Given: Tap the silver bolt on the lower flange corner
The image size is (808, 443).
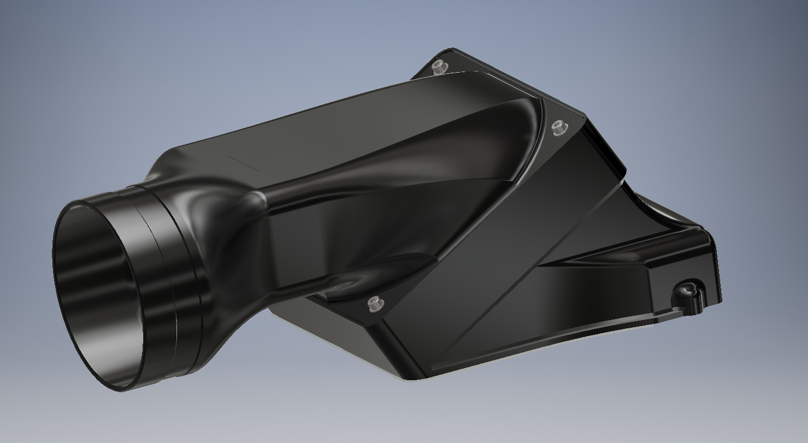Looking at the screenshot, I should (x=375, y=304).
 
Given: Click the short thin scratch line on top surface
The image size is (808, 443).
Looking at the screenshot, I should (x=243, y=163).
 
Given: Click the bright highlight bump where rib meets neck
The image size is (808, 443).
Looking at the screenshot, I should (x=259, y=200).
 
